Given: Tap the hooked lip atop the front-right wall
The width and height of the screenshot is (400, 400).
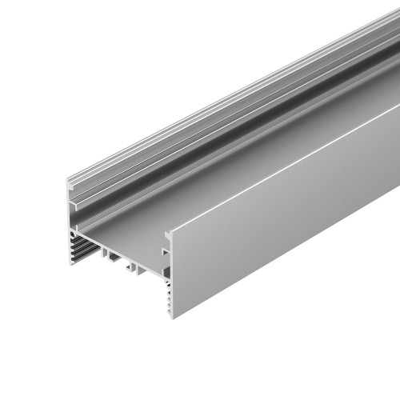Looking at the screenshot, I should (x=169, y=237).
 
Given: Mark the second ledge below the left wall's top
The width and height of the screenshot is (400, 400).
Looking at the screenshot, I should (x=73, y=203).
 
